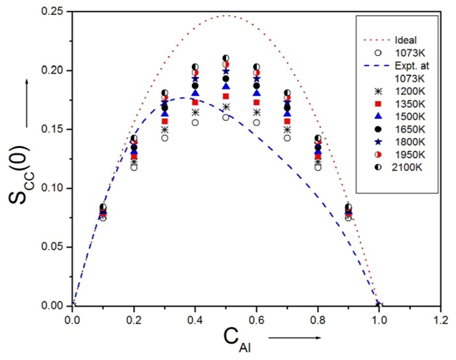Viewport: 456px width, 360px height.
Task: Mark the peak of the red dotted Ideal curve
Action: click(x=226, y=15)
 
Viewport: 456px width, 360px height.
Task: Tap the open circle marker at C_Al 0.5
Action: click(x=226, y=117)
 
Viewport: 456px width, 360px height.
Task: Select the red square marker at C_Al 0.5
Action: click(x=226, y=96)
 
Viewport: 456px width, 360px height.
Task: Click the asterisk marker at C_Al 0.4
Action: click(x=195, y=112)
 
